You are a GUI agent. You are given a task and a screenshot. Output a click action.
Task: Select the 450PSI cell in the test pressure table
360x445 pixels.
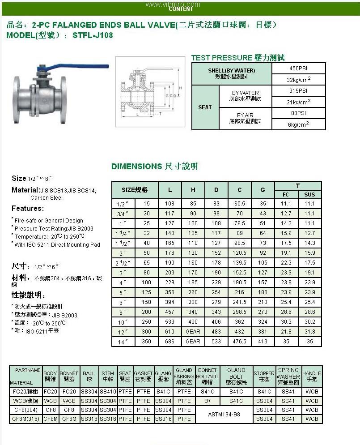click(298, 68)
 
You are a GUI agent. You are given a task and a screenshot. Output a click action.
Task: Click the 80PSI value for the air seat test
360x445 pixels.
click(298, 113)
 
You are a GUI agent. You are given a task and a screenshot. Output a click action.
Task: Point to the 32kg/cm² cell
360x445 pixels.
click(298, 80)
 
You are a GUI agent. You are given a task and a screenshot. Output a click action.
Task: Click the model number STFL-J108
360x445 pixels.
click(93, 35)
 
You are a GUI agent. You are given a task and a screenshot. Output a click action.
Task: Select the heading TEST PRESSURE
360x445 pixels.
click(222, 58)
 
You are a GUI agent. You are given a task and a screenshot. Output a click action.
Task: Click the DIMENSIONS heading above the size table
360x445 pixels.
click(137, 167)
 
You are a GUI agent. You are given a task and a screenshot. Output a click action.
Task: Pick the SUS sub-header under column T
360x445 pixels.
click(309, 194)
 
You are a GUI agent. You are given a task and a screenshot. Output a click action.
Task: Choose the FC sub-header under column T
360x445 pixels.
click(286, 194)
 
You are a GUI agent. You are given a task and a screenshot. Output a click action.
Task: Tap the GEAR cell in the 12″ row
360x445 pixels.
click(193, 332)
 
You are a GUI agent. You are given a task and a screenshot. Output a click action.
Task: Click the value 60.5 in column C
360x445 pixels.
click(240, 204)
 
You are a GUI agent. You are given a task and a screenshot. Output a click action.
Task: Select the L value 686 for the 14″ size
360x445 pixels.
click(170, 342)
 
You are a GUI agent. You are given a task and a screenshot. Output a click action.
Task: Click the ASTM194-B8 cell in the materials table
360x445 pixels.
click(224, 415)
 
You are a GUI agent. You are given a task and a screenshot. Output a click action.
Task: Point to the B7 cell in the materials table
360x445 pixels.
click(208, 401)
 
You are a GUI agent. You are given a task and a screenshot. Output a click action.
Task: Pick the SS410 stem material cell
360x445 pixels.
click(108, 391)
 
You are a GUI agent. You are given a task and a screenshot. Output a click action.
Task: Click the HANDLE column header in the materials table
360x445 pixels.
click(312, 376)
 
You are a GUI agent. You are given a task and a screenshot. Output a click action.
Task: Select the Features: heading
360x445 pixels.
click(28, 208)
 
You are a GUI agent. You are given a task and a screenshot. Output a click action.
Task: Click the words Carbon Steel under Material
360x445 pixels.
click(47, 197)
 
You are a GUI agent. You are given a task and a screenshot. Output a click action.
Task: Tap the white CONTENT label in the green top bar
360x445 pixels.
click(181, 9)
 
